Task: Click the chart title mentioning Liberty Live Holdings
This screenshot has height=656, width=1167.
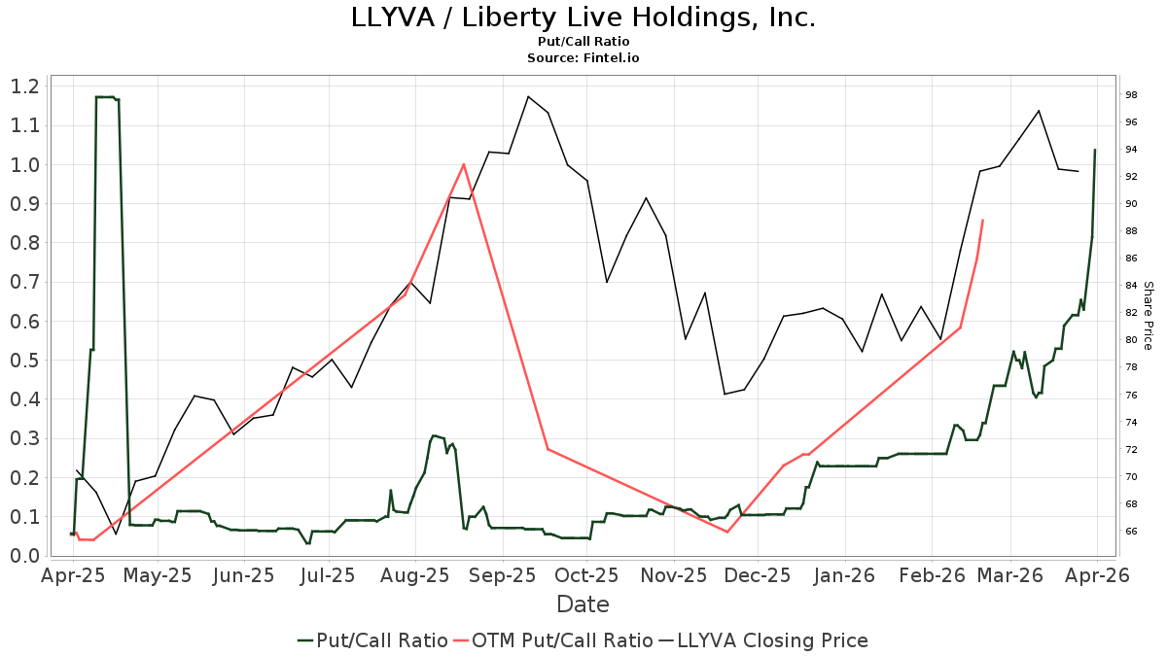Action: (583, 17)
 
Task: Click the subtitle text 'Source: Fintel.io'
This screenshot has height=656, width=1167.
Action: (583, 58)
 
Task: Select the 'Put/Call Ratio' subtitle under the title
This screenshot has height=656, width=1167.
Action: (583, 42)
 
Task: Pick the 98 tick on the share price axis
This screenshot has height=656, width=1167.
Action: (1132, 95)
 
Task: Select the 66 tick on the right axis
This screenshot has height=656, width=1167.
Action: (1132, 532)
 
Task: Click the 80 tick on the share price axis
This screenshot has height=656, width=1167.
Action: (1132, 340)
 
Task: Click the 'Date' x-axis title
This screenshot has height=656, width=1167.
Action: (583, 604)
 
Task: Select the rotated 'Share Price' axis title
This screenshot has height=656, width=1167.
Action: (1148, 316)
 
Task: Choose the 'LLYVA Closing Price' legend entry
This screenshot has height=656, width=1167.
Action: (763, 640)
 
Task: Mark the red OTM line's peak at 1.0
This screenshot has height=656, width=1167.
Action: (464, 164)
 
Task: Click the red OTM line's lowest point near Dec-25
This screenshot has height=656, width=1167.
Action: (726, 532)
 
